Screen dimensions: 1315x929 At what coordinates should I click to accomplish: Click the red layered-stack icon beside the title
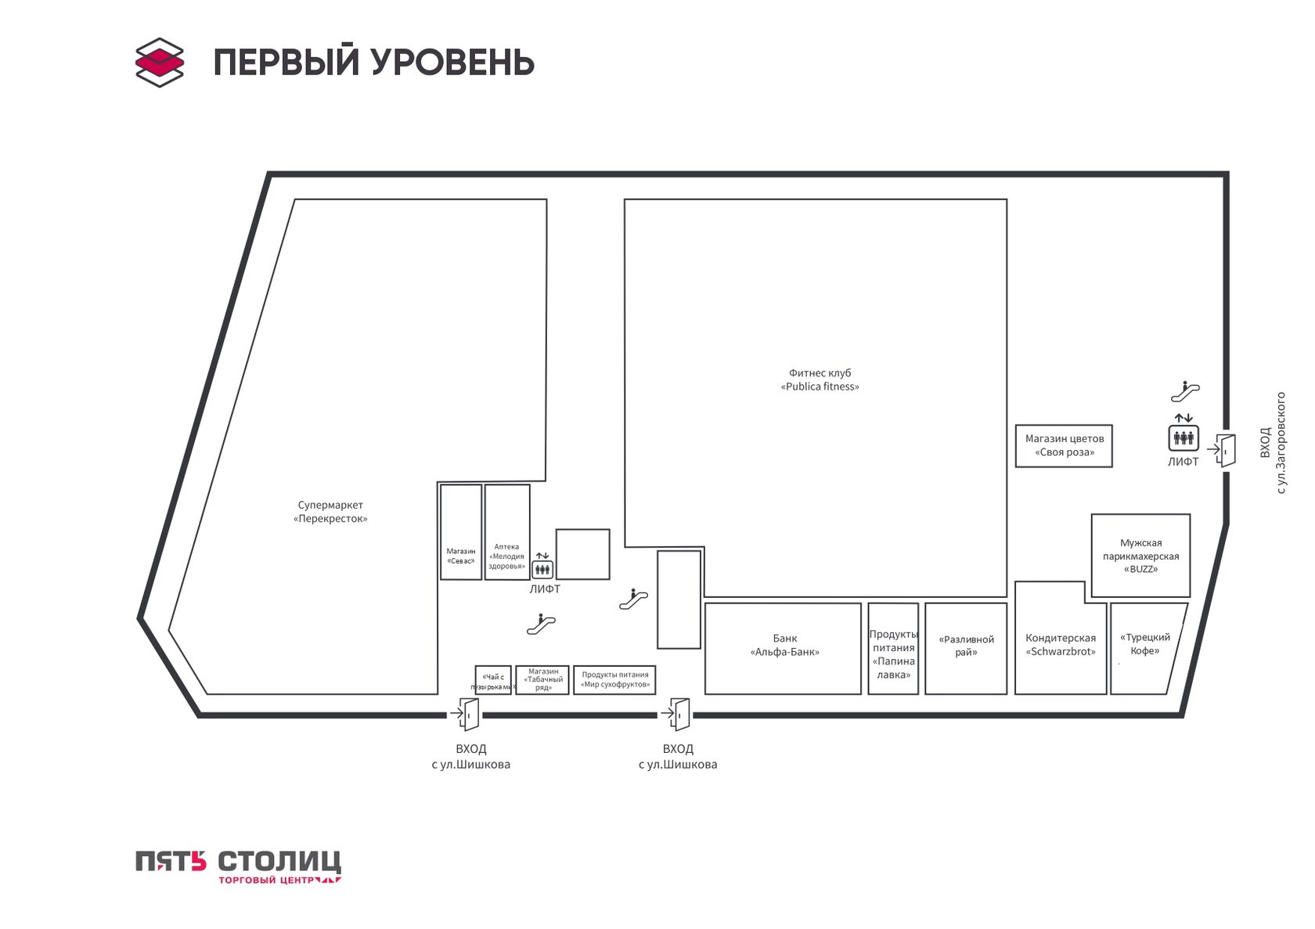[159, 62]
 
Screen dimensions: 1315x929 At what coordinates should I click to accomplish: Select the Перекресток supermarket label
[330, 512]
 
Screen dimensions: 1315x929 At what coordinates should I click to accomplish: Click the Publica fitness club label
[820, 380]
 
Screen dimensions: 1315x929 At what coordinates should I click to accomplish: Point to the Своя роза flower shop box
[1064, 446]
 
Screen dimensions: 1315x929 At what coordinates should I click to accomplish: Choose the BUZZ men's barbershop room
[1140, 556]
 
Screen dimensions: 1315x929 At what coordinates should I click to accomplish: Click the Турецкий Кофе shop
[1148, 649]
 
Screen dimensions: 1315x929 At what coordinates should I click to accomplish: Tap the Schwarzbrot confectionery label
[1060, 644]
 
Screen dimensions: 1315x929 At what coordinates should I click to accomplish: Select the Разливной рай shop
[966, 649]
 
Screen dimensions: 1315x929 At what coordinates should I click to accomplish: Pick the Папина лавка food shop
[893, 649]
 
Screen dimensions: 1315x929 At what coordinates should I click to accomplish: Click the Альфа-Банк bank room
[783, 649]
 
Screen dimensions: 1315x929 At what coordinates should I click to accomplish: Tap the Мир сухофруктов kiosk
[614, 679]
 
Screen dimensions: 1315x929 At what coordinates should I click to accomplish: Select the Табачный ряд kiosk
[542, 679]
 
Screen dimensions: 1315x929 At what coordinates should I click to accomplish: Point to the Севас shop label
[461, 556]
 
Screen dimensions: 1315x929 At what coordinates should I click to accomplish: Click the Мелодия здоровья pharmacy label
[506, 556]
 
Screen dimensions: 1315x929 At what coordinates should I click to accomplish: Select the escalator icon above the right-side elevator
[1185, 391]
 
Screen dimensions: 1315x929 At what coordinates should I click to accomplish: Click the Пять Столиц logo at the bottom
[238, 866]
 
